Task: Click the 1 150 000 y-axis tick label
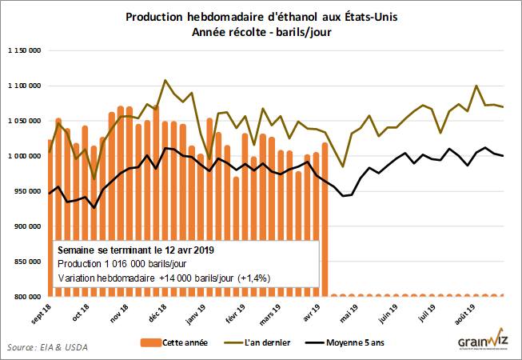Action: [23, 50]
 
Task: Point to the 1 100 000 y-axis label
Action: [23, 86]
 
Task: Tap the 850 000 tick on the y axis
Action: [28, 262]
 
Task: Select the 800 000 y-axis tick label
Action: [28, 297]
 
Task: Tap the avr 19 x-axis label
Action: [308, 312]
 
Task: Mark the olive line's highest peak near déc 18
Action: [165, 80]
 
